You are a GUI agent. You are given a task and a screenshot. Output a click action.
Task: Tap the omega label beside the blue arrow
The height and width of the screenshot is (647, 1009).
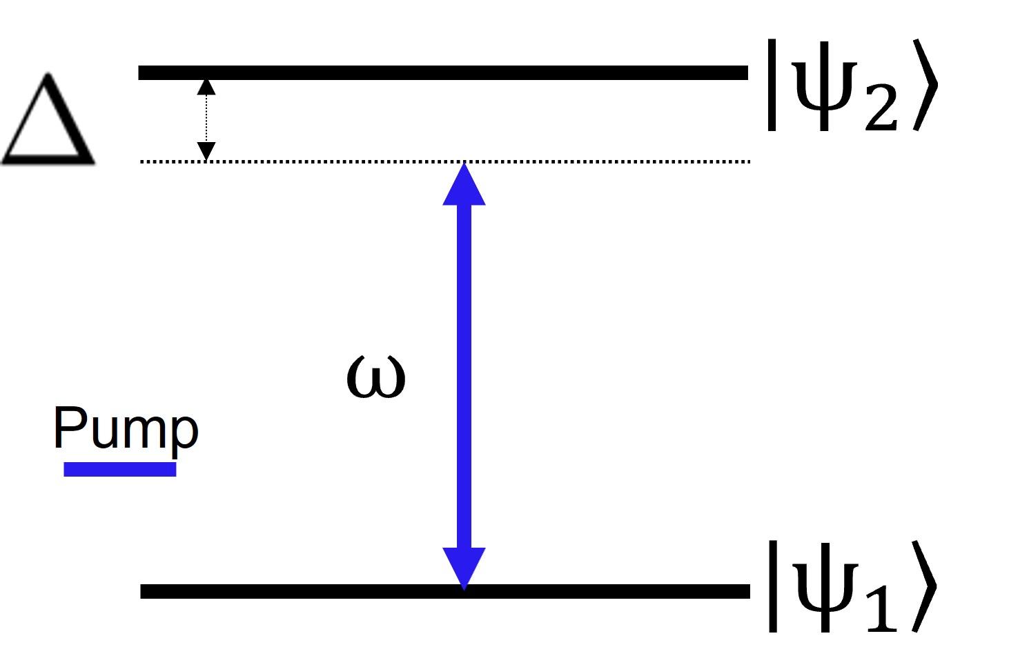[x=375, y=377]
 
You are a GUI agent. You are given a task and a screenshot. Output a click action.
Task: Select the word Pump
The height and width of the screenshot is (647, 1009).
[x=126, y=429]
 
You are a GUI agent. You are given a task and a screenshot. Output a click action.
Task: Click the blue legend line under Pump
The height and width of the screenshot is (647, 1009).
[x=120, y=470]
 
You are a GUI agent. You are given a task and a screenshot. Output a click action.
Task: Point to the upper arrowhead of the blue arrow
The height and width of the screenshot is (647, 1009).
[x=464, y=186]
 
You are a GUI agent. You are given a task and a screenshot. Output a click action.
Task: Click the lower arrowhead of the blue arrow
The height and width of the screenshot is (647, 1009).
[x=464, y=567]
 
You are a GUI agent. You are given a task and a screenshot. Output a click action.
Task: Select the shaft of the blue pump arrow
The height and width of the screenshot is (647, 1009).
[x=464, y=376]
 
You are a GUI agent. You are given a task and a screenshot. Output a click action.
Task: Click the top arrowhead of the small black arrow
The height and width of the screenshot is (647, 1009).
[x=206, y=87]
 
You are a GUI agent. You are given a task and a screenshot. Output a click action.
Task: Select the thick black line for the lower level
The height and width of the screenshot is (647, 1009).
[x=444, y=591]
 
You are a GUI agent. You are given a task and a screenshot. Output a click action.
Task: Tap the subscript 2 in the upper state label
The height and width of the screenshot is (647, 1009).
[x=881, y=110]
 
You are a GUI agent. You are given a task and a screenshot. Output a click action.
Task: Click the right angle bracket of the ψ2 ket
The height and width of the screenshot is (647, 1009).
[x=925, y=86]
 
